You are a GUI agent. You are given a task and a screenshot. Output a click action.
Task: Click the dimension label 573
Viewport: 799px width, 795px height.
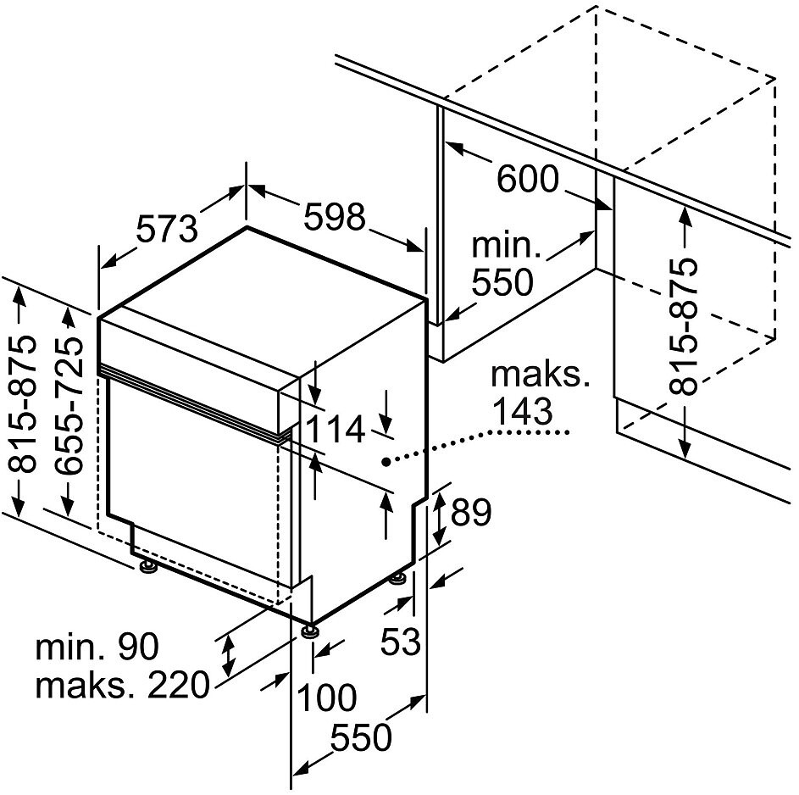[x=167, y=230]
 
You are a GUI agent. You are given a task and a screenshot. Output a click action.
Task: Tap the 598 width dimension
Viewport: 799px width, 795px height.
[x=335, y=217]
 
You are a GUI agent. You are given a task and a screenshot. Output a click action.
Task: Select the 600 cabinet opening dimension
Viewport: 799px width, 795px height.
[x=527, y=180]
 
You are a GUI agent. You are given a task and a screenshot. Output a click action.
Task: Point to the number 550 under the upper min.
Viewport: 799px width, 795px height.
[x=502, y=282]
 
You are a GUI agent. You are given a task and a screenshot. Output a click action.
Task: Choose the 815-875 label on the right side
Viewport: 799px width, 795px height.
[x=682, y=326]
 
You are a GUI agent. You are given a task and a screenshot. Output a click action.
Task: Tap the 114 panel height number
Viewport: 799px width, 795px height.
[x=335, y=430]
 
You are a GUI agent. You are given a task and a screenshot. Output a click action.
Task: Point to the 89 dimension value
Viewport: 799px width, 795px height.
[x=471, y=512]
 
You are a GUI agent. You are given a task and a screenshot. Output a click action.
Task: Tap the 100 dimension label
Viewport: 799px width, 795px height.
[x=326, y=698]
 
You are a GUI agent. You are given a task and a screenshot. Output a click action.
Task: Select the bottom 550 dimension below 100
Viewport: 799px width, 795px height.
[x=361, y=737]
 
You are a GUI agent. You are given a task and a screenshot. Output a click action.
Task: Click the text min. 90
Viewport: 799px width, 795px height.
[x=97, y=646]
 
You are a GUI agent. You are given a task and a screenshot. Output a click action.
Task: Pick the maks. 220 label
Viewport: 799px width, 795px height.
[x=122, y=685]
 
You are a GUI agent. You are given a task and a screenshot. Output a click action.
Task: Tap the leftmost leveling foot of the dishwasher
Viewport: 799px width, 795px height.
[x=148, y=567]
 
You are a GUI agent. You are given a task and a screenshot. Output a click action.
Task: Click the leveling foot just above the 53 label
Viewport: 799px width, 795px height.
[x=398, y=580]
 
